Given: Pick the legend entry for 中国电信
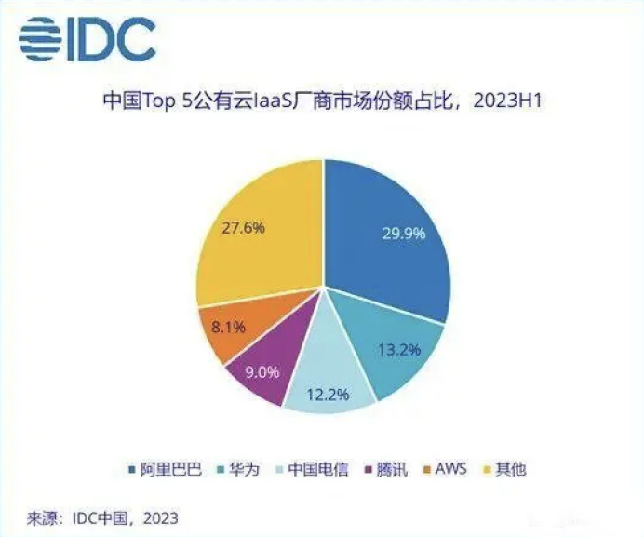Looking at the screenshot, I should pyautogui.click(x=312, y=469).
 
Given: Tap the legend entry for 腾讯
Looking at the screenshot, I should pyautogui.click(x=393, y=469).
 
